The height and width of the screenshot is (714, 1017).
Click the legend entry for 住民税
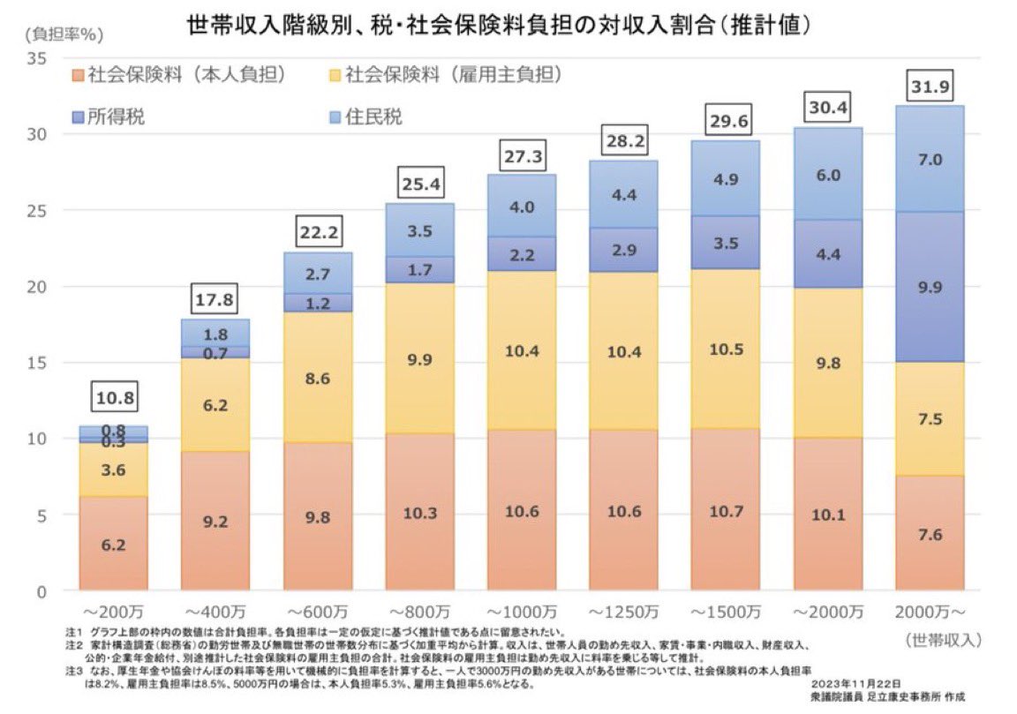(x=363, y=117)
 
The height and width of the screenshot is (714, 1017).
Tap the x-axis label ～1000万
(x=521, y=613)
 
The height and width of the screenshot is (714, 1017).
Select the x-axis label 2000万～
(x=931, y=613)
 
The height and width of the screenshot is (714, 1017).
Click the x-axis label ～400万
(x=215, y=613)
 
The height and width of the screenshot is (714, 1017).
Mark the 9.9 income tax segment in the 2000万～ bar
(x=930, y=287)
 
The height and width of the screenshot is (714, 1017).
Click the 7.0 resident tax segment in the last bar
(x=930, y=160)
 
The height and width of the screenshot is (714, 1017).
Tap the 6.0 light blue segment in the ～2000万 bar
(x=828, y=175)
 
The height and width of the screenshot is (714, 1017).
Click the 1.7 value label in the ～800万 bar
(x=419, y=270)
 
